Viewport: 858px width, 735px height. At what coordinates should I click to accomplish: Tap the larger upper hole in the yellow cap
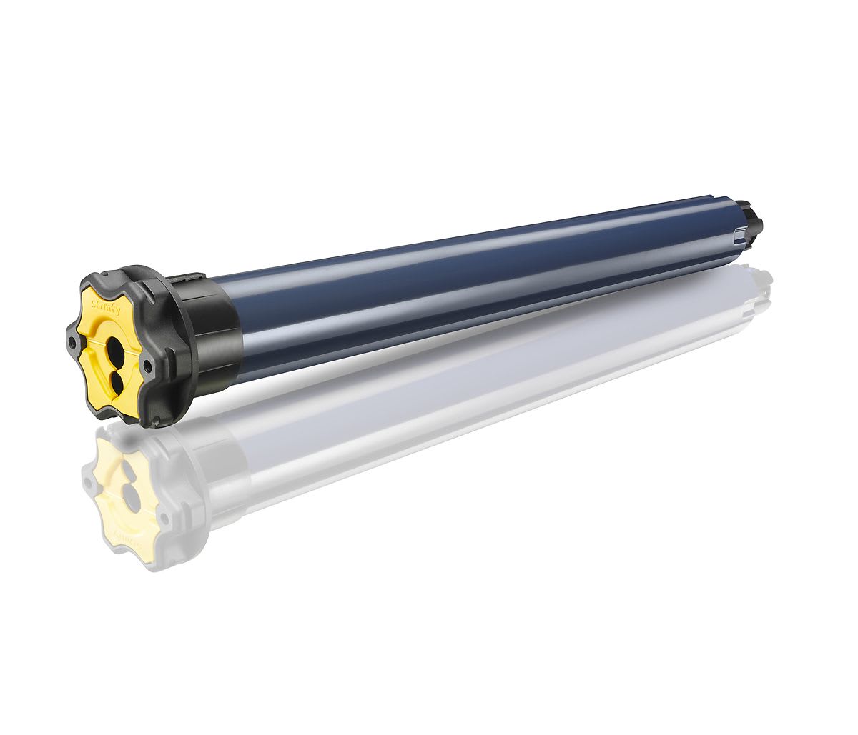pos(115,349)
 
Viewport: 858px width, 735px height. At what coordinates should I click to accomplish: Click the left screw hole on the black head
pos(72,344)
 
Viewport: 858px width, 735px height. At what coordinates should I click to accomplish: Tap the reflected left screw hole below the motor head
pos(89,483)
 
